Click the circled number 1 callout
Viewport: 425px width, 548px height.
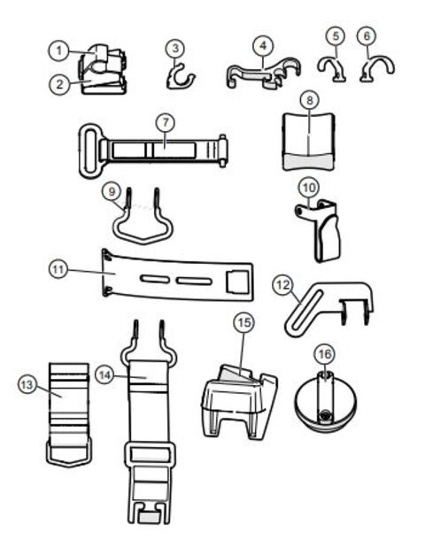pyautogui.click(x=58, y=50)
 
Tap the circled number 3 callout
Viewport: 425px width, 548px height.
pyautogui.click(x=175, y=48)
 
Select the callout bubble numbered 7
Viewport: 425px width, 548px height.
pyautogui.click(x=166, y=122)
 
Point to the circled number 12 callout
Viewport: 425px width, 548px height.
pyautogui.click(x=283, y=285)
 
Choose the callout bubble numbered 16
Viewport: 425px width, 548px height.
pyautogui.click(x=324, y=354)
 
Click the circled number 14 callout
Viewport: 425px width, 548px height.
pyautogui.click(x=104, y=375)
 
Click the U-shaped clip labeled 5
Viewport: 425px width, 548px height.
pyautogui.click(x=332, y=70)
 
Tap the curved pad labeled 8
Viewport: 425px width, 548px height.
pyautogui.click(x=309, y=142)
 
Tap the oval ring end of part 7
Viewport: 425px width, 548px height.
pyautogui.click(x=89, y=151)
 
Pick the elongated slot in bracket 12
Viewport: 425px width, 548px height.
pyautogui.click(x=304, y=311)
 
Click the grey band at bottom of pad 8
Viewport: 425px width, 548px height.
pyautogui.click(x=308, y=161)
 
